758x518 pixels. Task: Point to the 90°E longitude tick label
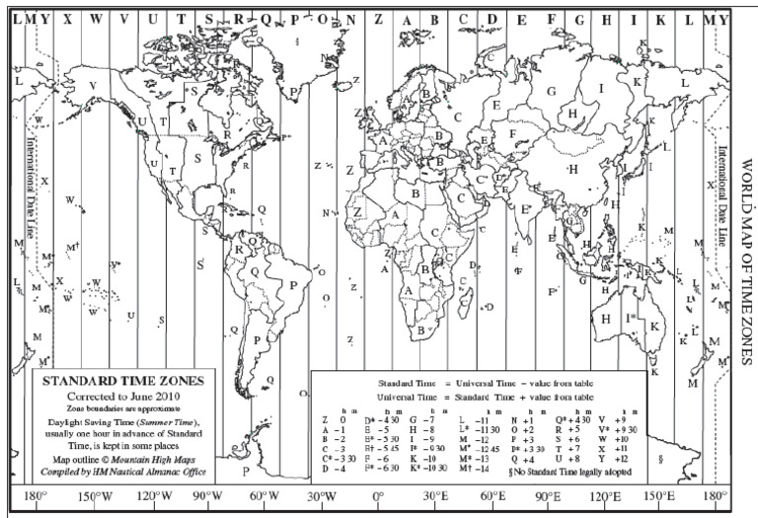548,496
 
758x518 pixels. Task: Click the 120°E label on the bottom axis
603,496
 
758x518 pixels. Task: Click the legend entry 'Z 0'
331,420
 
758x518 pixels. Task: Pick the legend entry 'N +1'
520,420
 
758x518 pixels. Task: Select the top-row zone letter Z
351,19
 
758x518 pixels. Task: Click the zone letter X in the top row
67,19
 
